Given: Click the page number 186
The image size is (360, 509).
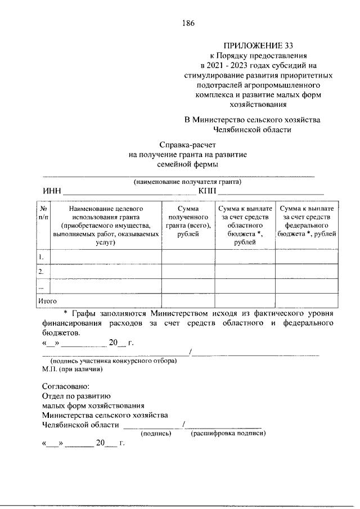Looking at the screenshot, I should [x=188, y=23].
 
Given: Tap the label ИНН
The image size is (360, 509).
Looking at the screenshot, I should [x=52, y=192].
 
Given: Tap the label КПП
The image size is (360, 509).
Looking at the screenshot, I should [x=207, y=192].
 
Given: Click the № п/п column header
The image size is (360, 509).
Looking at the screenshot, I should [x=43, y=212].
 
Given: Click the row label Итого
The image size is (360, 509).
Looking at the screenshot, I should [x=47, y=301].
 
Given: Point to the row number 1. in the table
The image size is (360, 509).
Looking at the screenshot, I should [x=41, y=257].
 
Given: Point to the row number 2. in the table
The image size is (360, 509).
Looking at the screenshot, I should [x=41, y=272].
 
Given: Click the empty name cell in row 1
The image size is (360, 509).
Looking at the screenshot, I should [x=106, y=257].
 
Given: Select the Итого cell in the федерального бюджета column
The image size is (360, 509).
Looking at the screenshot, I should [x=307, y=301].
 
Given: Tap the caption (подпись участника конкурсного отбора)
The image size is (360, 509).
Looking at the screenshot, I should [x=114, y=361].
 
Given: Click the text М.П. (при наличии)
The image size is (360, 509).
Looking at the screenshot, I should [x=72, y=370].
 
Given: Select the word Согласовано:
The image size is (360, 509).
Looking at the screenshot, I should [x=66, y=387].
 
